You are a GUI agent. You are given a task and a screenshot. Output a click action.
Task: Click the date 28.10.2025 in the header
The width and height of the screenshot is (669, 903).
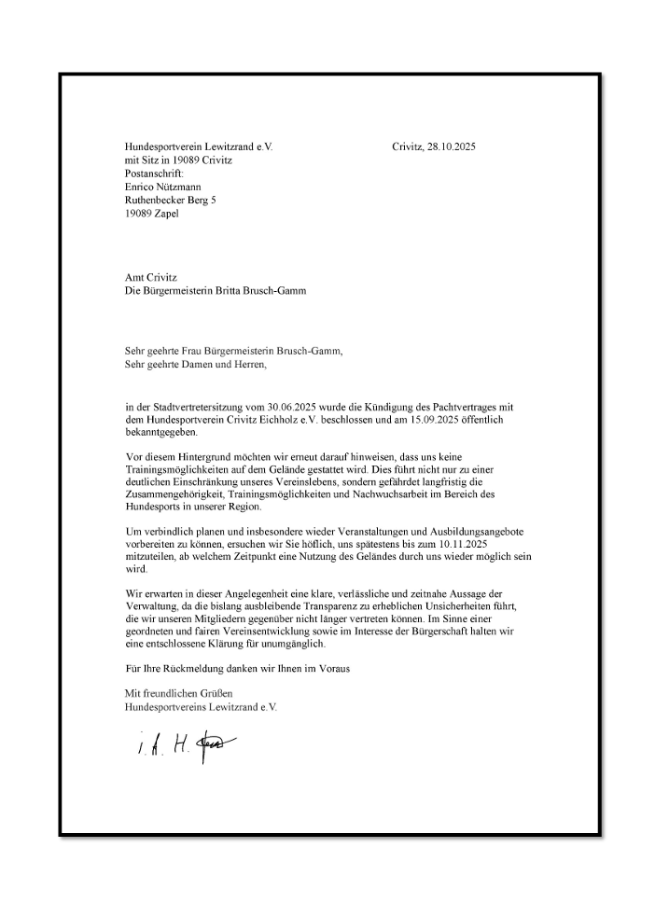(449, 146)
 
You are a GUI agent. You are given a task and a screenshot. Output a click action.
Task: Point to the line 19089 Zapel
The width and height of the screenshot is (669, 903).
(152, 213)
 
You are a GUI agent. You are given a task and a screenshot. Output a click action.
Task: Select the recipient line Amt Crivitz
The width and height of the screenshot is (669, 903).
(151, 277)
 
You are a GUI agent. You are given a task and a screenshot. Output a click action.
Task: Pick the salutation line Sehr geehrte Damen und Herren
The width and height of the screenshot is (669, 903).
(195, 365)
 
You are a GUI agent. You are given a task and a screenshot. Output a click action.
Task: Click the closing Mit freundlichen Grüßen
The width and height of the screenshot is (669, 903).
(178, 693)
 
